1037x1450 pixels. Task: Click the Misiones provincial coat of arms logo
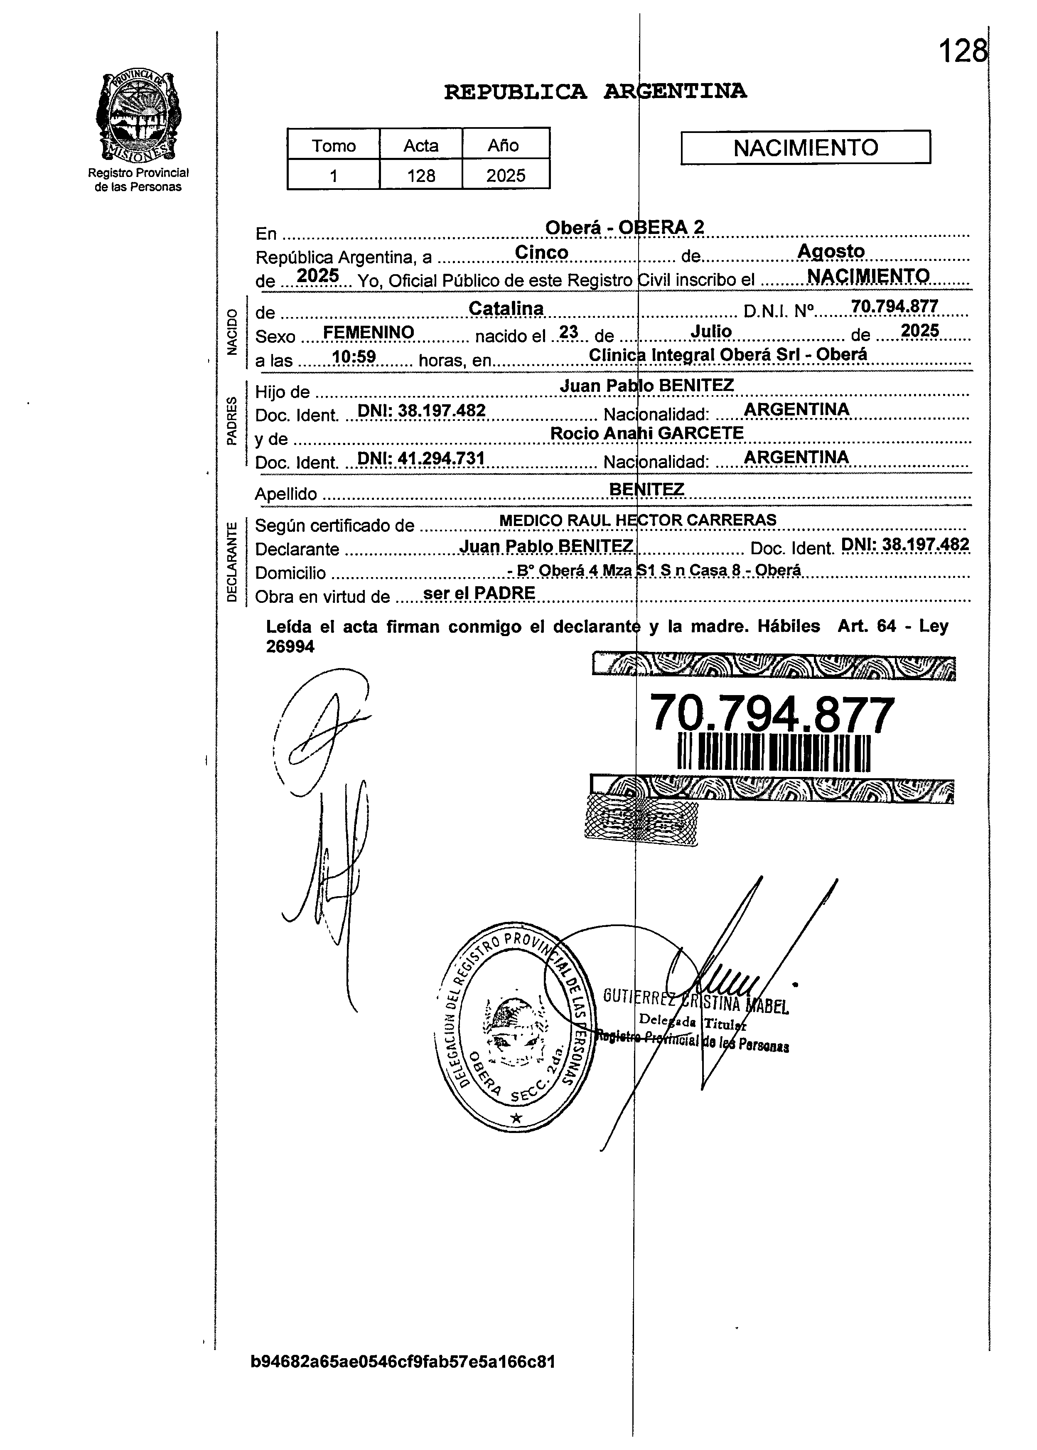click(x=137, y=117)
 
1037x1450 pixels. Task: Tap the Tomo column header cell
click(x=333, y=145)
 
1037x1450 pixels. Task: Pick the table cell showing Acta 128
click(x=421, y=175)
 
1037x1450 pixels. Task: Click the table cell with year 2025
click(x=506, y=175)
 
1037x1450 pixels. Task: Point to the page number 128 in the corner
click(x=962, y=51)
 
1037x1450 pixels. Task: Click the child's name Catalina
click(x=506, y=308)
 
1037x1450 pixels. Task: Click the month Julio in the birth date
click(x=711, y=332)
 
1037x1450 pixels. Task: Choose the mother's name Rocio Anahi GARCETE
click(x=647, y=433)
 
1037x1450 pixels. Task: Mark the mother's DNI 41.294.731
click(x=421, y=458)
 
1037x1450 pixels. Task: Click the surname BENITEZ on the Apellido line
click(x=646, y=489)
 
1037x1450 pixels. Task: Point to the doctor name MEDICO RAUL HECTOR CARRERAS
click(x=637, y=520)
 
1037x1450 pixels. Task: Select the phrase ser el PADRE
click(x=479, y=593)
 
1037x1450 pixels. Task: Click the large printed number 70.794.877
click(x=772, y=715)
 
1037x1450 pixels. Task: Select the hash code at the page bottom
click(x=403, y=1362)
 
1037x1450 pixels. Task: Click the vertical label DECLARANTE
click(x=232, y=562)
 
